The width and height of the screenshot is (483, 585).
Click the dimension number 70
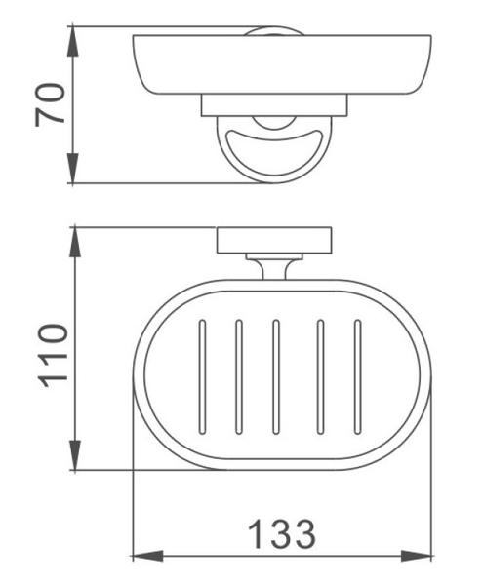pos(50,105)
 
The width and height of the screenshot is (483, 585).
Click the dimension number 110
pos(53,356)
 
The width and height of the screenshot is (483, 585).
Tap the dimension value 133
pos(282,534)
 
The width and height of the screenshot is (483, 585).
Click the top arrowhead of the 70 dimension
pos(73,41)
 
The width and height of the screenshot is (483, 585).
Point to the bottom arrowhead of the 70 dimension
pos(73,169)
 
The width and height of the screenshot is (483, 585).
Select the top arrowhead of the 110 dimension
pos(75,242)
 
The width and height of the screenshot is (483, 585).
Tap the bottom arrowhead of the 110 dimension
pos(75,455)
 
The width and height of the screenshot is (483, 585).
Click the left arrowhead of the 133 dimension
pos(147,556)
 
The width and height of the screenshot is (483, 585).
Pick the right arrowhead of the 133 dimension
pos(417,556)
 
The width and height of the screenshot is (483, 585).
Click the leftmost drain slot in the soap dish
pos(202,376)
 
